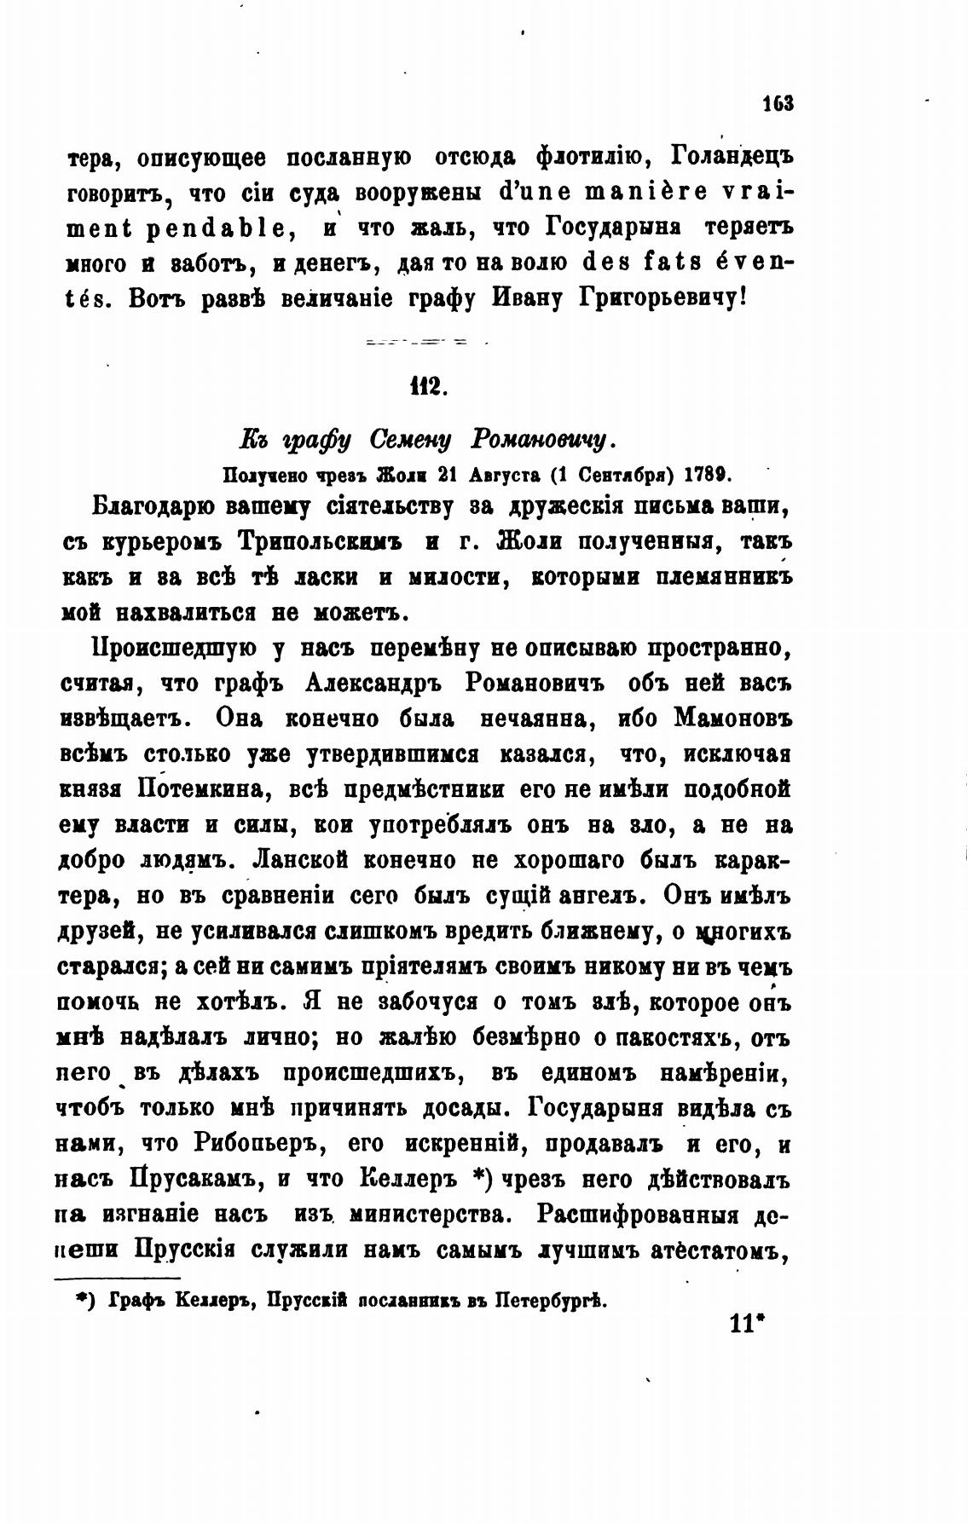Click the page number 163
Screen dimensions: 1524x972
(x=778, y=104)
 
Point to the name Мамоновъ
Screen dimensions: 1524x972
(x=732, y=719)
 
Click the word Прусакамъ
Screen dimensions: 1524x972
(x=193, y=1182)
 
